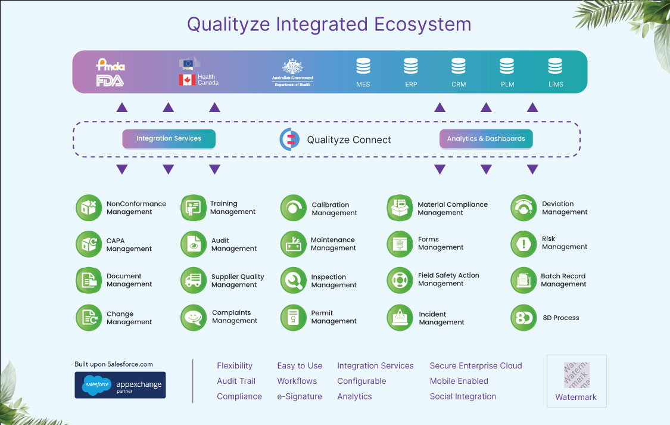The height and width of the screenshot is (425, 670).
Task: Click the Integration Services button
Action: [169, 139]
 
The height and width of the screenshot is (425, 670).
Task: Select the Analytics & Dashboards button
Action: [486, 139]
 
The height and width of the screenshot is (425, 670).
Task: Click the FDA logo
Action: [110, 81]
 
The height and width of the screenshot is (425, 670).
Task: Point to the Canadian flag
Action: [187, 80]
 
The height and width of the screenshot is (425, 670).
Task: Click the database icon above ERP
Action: [411, 66]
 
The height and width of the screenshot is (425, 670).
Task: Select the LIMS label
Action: [555, 85]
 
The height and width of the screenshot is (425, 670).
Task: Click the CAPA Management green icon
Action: [89, 244]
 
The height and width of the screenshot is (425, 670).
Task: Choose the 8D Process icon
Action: [524, 318]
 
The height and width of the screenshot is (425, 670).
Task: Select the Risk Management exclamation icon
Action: [524, 244]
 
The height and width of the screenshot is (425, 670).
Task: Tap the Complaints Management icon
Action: [194, 317]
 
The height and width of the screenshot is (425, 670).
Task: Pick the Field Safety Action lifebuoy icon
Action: [400, 280]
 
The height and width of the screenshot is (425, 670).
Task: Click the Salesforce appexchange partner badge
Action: [120, 385]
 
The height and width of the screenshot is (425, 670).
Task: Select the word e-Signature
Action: [300, 396]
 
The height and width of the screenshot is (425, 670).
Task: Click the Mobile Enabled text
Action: [459, 381]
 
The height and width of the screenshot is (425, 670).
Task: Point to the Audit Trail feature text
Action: [236, 381]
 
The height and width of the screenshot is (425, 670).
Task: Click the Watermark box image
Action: [576, 376]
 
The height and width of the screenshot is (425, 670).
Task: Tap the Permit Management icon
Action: [293, 317]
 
